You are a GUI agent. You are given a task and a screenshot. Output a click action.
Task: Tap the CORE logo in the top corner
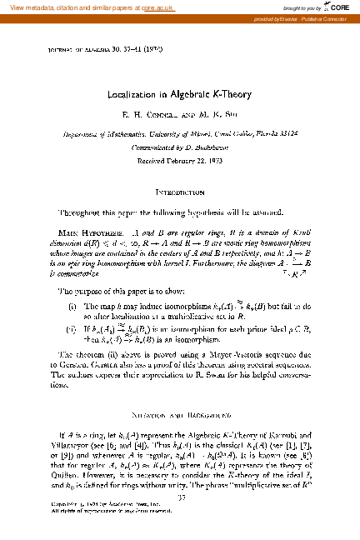[x=338, y=7]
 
